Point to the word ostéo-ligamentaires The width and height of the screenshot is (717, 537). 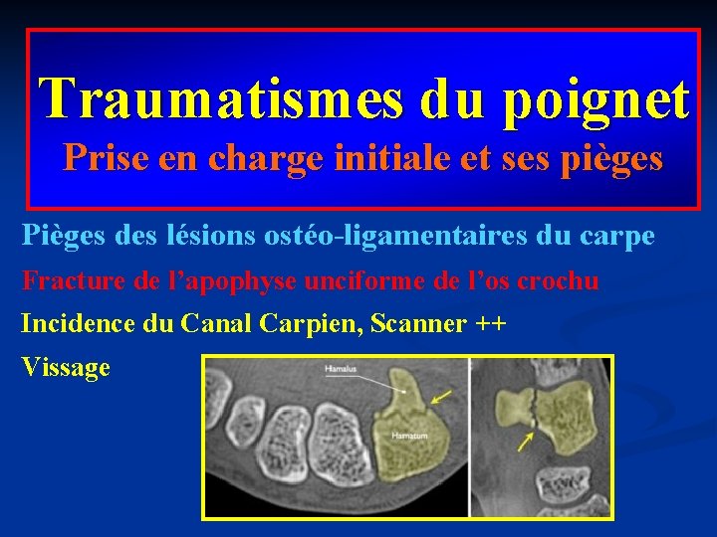click(x=394, y=237)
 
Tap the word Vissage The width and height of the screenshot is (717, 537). click(x=66, y=368)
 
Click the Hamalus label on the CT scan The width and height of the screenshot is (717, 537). click(x=340, y=370)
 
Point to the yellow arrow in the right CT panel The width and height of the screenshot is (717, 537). click(x=524, y=439)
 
